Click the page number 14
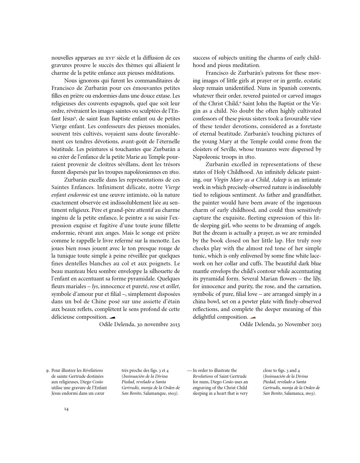66,409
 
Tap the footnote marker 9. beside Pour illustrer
48,371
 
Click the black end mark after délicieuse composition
112,317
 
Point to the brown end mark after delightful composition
253,317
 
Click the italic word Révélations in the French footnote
93,371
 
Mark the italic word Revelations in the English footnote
203,377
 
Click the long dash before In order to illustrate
189,371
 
